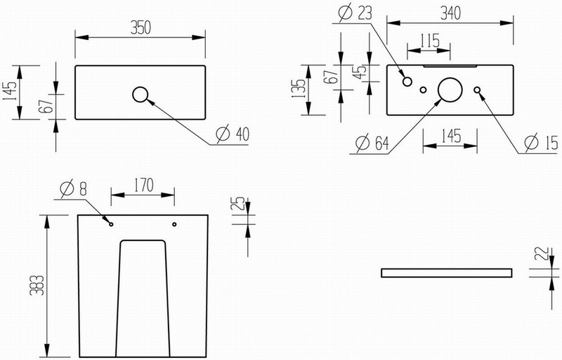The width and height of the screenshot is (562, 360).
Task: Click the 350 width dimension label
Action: point(140,28)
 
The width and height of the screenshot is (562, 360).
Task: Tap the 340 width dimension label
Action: point(450,13)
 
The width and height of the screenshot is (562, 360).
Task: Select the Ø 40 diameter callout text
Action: point(233,134)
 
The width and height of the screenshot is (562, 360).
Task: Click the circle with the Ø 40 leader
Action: point(140,94)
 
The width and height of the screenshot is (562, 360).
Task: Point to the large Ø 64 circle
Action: point(450,89)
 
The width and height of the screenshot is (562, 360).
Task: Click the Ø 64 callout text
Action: point(372,143)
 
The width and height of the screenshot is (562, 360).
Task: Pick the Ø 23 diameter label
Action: point(355,13)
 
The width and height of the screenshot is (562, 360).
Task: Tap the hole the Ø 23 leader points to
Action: point(407,82)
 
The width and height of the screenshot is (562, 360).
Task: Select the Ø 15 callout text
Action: point(541,142)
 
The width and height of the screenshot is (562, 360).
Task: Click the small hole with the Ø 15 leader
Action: point(477,89)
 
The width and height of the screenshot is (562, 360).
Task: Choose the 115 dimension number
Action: point(430,41)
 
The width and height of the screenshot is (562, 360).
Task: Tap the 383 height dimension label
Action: point(37,285)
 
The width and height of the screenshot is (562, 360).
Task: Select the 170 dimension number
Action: point(143,185)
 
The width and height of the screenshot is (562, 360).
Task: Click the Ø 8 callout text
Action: point(74,188)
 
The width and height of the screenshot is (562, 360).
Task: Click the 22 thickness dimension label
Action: point(542,253)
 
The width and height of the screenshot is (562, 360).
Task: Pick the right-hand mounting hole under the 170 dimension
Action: point(174,224)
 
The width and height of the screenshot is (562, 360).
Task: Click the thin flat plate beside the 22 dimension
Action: point(447,273)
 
